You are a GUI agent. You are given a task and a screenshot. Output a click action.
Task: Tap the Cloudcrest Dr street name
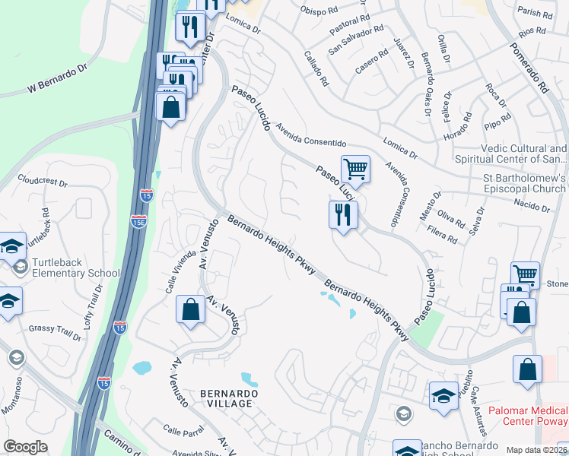[43, 183]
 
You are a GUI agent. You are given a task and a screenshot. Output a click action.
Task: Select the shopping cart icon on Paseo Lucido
[354, 169]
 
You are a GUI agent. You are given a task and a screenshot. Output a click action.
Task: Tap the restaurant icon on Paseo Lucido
[343, 214]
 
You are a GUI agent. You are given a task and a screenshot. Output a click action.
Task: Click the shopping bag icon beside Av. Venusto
[190, 310]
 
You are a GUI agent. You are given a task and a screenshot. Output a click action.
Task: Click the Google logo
[25, 447]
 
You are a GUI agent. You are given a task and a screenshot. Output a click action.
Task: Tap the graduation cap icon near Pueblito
[443, 396]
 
